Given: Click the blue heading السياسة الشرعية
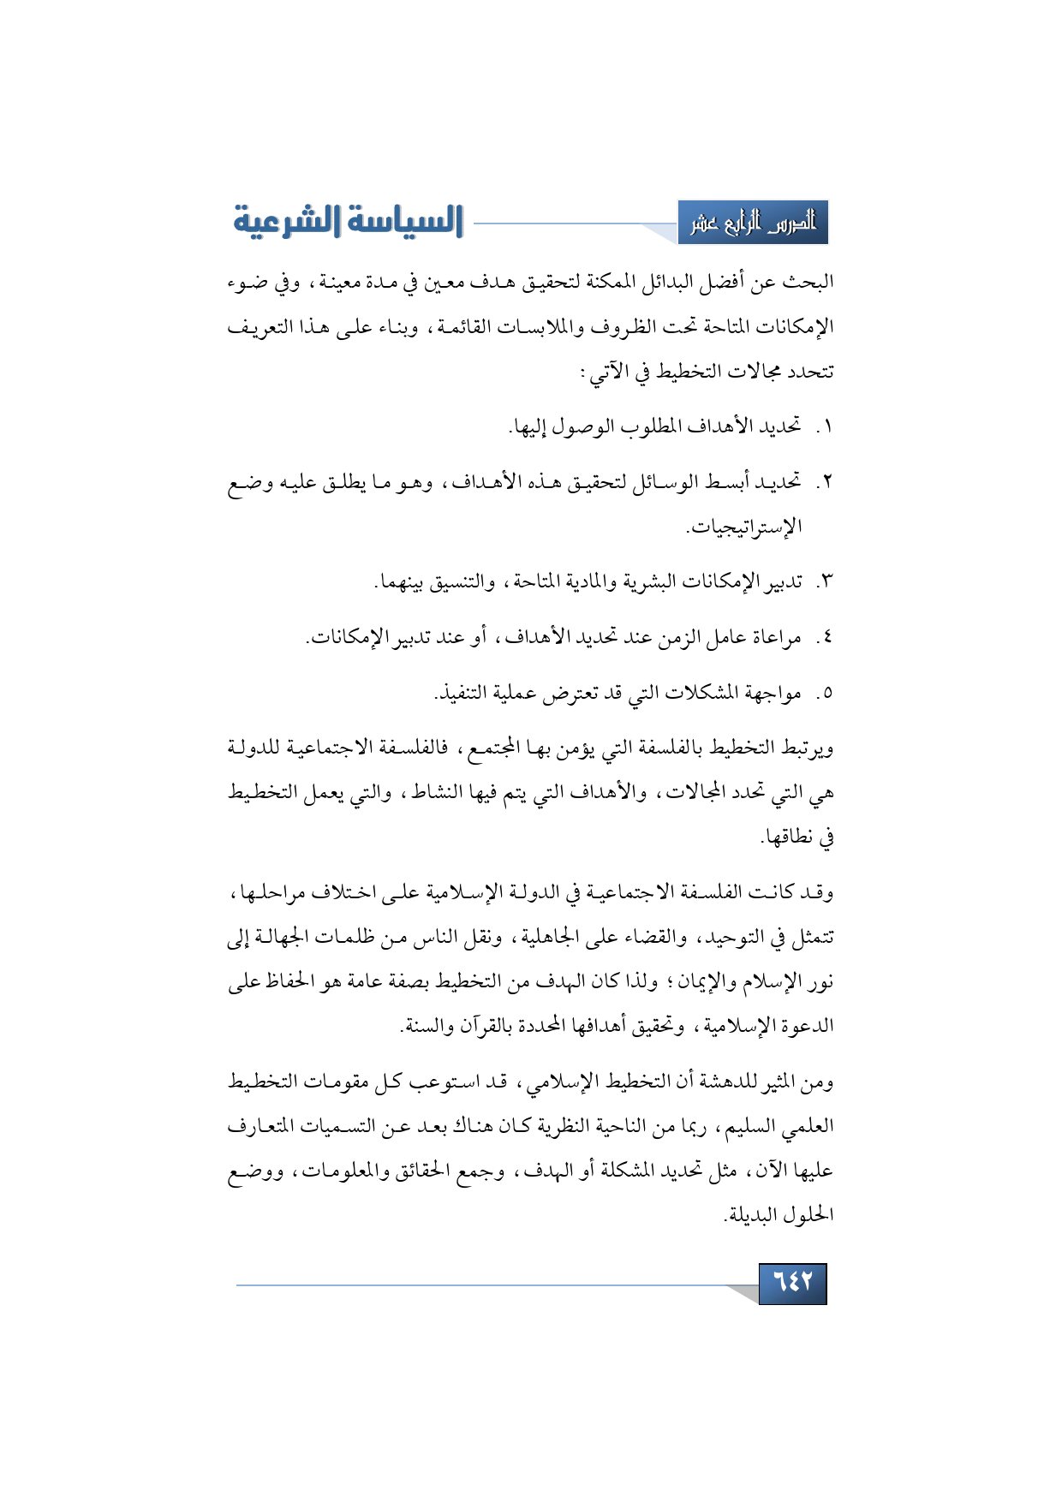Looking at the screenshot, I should tap(349, 221).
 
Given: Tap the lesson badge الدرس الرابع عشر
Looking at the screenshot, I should tap(753, 223).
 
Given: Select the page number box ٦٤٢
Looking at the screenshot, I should tap(792, 1283).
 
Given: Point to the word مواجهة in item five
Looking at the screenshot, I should tap(773, 693).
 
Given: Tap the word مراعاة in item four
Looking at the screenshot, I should tap(774, 638).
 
